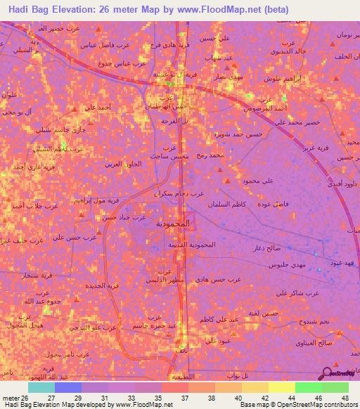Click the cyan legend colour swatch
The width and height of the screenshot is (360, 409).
41,387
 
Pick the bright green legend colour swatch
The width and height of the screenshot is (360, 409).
308,387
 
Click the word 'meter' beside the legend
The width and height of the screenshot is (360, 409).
8,398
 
